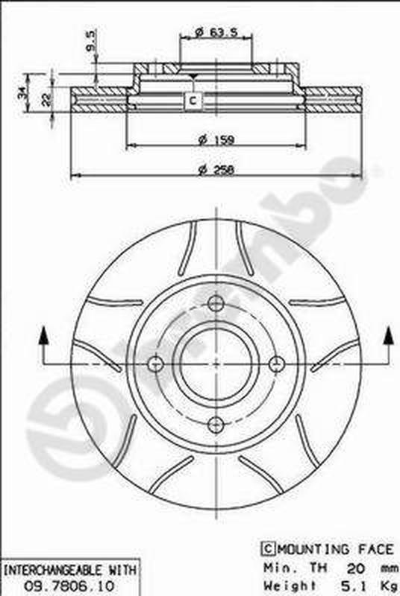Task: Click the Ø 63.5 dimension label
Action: (210, 32)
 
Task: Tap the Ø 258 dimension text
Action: (215, 169)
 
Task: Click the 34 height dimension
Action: (22, 93)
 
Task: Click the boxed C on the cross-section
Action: (193, 100)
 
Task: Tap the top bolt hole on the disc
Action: (216, 303)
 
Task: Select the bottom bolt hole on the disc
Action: (216, 425)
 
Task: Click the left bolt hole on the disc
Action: (155, 364)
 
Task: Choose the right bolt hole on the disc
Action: (277, 364)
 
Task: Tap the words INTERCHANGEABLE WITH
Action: (69, 570)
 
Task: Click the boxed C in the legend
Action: (266, 549)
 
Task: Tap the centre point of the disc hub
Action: (216, 364)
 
